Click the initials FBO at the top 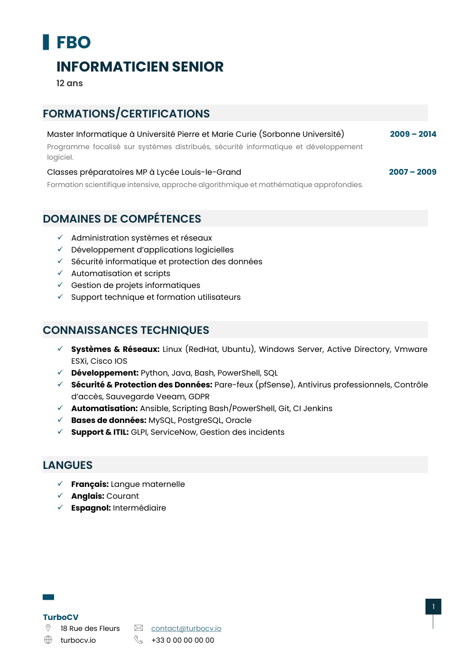74,43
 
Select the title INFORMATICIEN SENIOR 140,67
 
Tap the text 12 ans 70,83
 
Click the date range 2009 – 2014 413,134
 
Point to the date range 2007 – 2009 412,172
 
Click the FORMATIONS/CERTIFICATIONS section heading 126,114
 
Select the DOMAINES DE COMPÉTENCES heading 122,219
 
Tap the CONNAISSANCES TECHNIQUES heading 126,330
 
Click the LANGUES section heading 68,465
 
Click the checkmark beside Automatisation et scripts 60,273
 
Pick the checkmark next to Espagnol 60,507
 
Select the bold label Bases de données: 109,420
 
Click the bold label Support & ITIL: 100,432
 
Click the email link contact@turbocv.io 186,629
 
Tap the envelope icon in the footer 139,628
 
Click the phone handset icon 139,640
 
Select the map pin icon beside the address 48,628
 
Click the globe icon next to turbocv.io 48,640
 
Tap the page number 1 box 433,607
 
